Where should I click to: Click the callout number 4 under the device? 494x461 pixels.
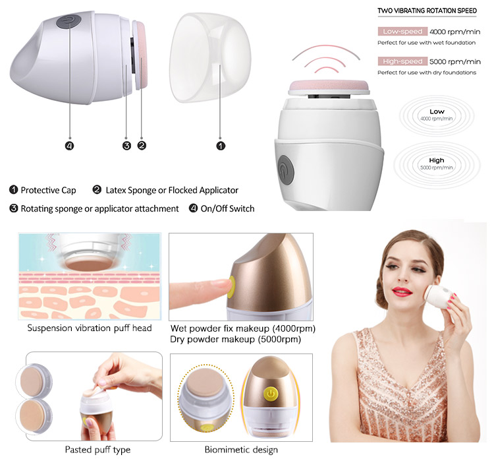coord(69,146)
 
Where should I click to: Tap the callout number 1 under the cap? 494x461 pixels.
coord(221,146)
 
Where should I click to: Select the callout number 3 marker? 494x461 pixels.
coord(126,146)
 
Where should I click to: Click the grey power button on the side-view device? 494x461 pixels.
coord(69,22)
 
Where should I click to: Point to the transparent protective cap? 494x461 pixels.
coord(210,58)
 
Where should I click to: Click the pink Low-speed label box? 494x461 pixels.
coord(402,32)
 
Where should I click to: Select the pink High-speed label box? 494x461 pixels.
coord(402,61)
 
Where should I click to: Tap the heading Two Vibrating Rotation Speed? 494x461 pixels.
coord(427,11)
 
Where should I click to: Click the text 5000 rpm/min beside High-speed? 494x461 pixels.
coord(455,61)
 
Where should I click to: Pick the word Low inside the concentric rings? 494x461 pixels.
coord(437,111)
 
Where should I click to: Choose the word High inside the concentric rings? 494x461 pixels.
coord(436,160)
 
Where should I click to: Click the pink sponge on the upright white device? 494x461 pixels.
coord(329,87)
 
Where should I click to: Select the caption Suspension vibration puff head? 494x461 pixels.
coord(90,328)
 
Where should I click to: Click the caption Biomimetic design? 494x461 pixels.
coord(241,449)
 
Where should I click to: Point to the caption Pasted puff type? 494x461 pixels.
coord(97,450)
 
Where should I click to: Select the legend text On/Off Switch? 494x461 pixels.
coord(227,208)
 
